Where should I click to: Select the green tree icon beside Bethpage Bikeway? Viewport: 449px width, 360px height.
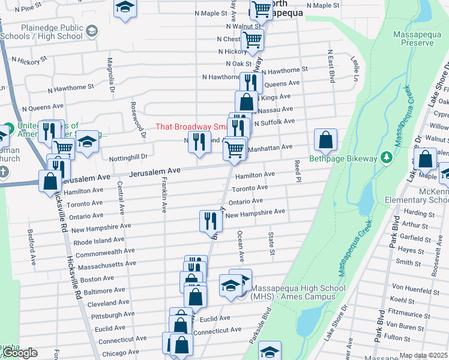pyautogui.click(x=388, y=158)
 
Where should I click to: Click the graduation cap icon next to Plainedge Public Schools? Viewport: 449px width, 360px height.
pyautogui.click(x=92, y=30)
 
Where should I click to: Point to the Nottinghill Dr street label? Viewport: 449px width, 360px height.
pyautogui.click(x=128, y=157)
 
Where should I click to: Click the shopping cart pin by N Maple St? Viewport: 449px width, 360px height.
pyautogui.click(x=261, y=8)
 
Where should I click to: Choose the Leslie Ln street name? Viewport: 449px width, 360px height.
pyautogui.click(x=355, y=70)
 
